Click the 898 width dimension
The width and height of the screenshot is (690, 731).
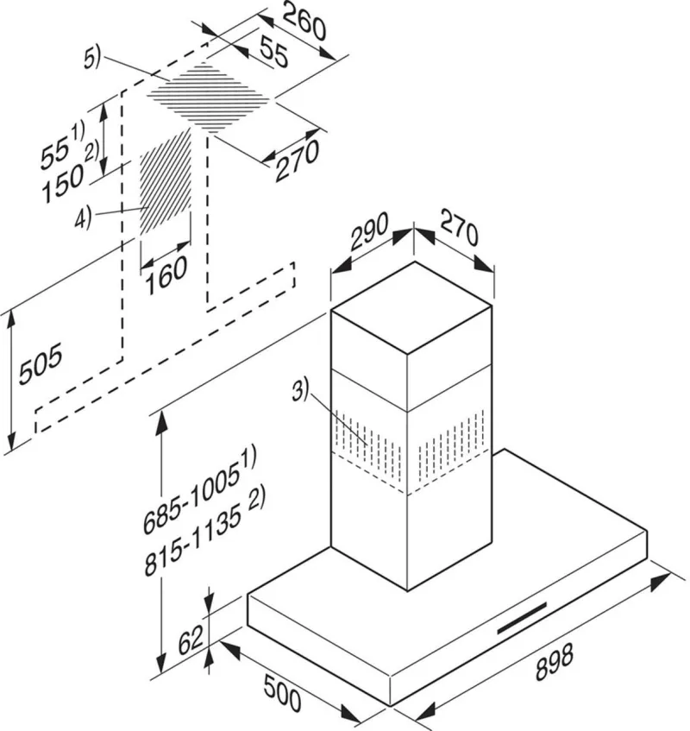(554, 662)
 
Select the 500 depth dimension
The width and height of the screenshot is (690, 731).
(282, 692)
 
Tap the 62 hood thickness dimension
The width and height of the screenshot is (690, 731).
(191, 640)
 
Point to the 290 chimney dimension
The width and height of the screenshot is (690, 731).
(369, 231)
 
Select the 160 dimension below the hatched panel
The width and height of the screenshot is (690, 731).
(166, 275)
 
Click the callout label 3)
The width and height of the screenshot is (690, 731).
(300, 391)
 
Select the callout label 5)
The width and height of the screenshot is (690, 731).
(91, 60)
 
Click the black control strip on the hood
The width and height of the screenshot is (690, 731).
(522, 618)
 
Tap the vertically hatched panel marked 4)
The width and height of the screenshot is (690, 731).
(166, 183)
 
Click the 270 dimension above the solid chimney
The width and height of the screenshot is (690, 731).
(459, 229)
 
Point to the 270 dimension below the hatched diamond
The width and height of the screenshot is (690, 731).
(298, 160)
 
